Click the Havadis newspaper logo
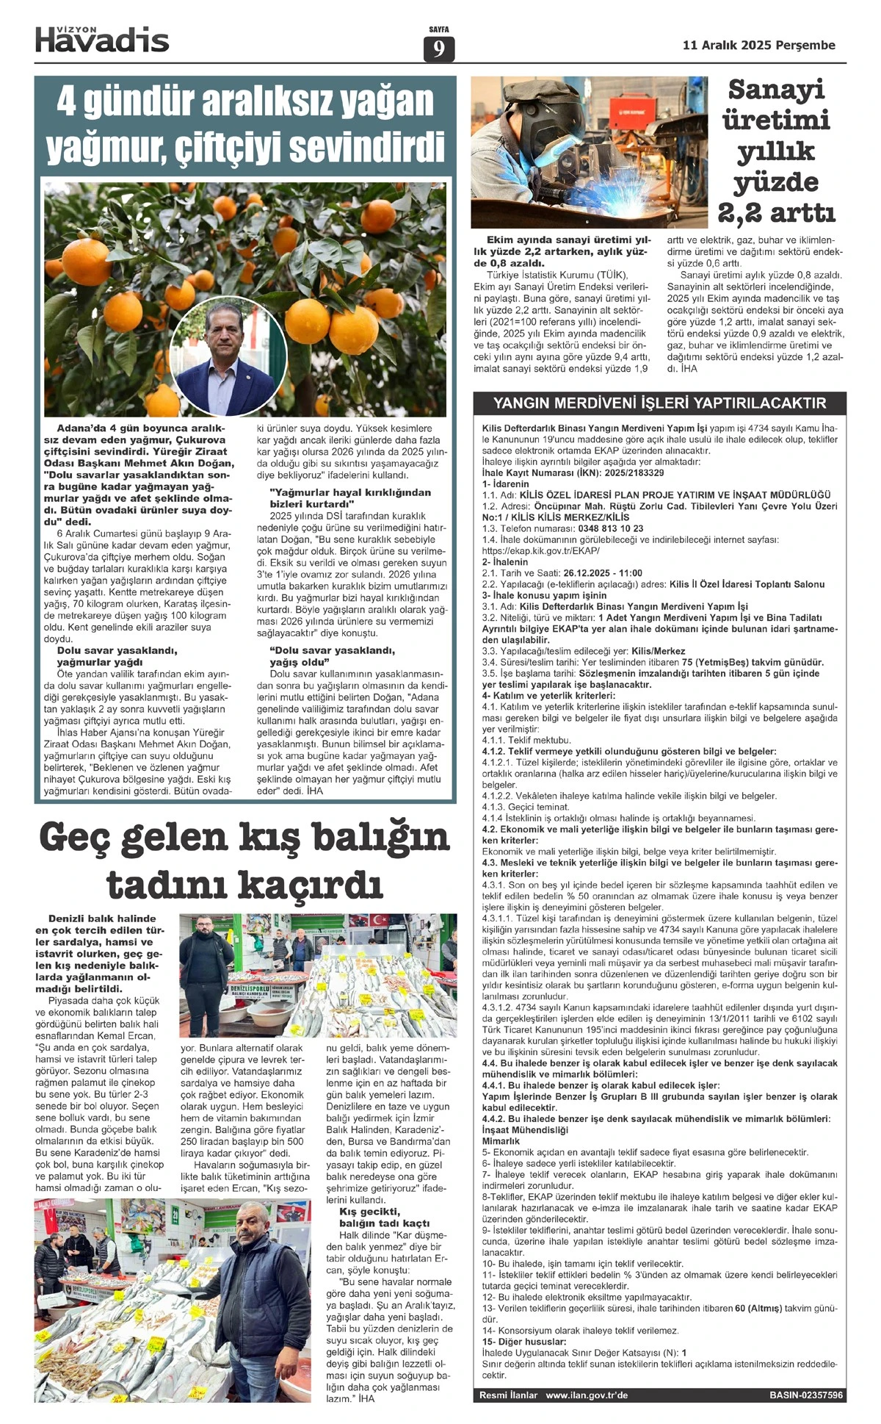102,40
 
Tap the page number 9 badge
439,49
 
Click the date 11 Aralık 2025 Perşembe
758,45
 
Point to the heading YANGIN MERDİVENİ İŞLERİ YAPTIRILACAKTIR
659,403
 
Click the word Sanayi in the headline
776,90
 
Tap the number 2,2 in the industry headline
743,213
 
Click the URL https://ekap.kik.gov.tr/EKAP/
540,551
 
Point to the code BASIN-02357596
806,1395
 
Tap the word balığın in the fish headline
374,838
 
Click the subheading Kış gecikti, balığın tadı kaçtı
383,1217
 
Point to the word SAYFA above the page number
438,30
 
